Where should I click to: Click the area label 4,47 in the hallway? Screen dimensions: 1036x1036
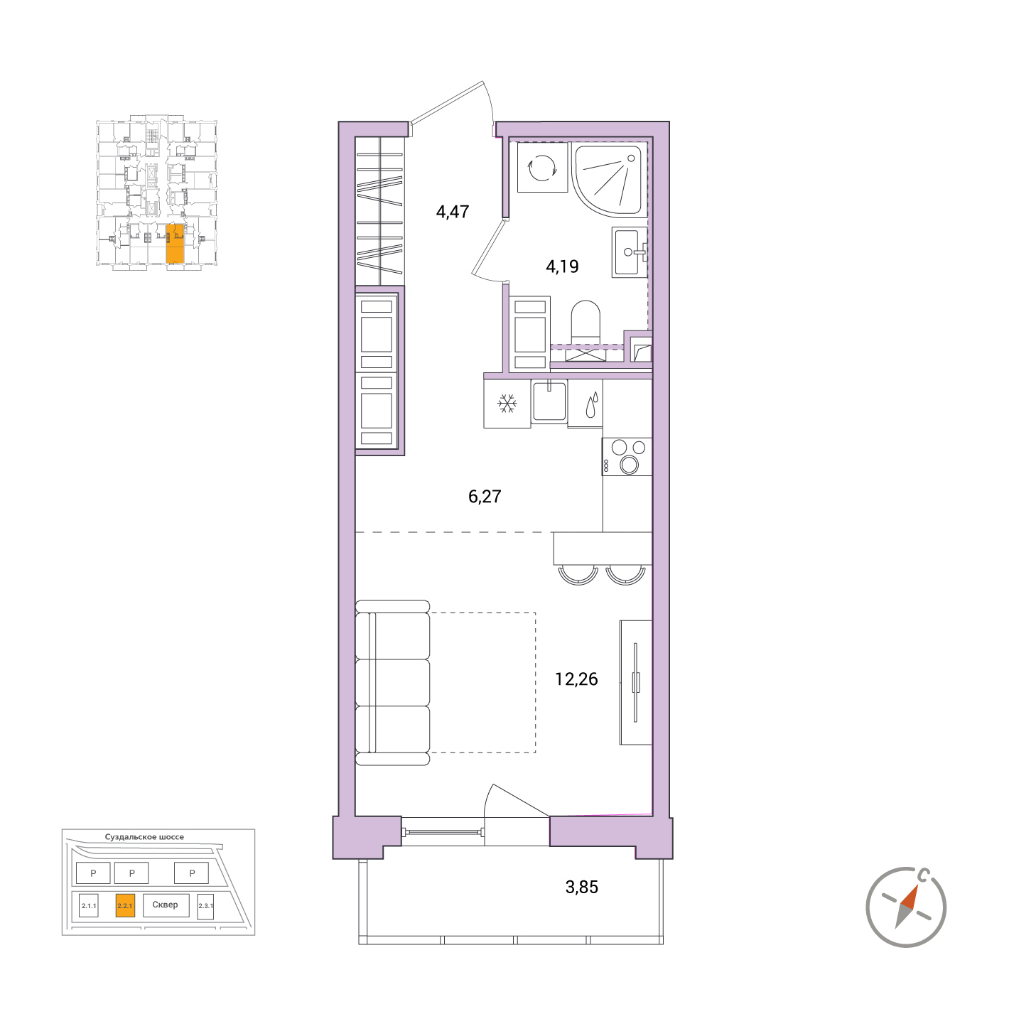click(452, 212)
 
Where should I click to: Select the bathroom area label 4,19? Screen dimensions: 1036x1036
click(562, 266)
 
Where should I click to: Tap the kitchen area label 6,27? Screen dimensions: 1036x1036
click(485, 496)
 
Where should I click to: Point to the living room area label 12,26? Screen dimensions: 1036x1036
click(576, 679)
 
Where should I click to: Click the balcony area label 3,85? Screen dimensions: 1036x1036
click(581, 887)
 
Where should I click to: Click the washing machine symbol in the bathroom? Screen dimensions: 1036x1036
click(542, 167)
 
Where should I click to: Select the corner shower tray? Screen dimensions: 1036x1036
click(610, 179)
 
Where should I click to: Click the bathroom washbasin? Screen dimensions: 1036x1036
click(628, 252)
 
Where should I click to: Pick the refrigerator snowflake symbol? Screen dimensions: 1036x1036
click(507, 403)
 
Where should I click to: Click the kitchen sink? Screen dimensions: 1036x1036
click(549, 401)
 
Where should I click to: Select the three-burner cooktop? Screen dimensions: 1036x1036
click(627, 456)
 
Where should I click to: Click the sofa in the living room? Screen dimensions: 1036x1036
click(392, 683)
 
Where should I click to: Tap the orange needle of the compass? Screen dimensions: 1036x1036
click(910, 897)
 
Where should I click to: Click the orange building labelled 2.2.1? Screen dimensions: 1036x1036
click(125, 906)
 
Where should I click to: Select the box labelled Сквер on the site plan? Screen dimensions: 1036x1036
click(165, 905)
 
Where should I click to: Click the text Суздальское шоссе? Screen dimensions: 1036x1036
click(144, 837)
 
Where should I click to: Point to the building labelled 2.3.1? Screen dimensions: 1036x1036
click(205, 907)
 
